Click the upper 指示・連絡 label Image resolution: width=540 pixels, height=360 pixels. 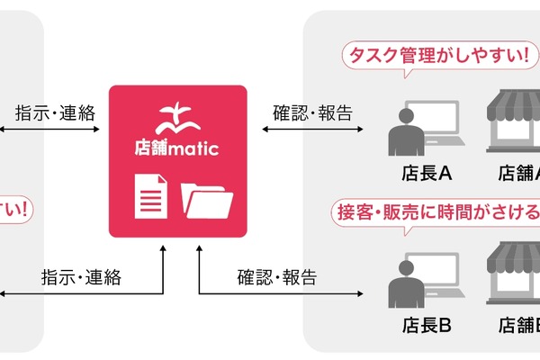click(55, 113)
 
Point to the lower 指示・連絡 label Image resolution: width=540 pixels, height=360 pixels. click(80, 277)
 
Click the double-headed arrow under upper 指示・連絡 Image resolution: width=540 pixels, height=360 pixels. click(49, 130)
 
